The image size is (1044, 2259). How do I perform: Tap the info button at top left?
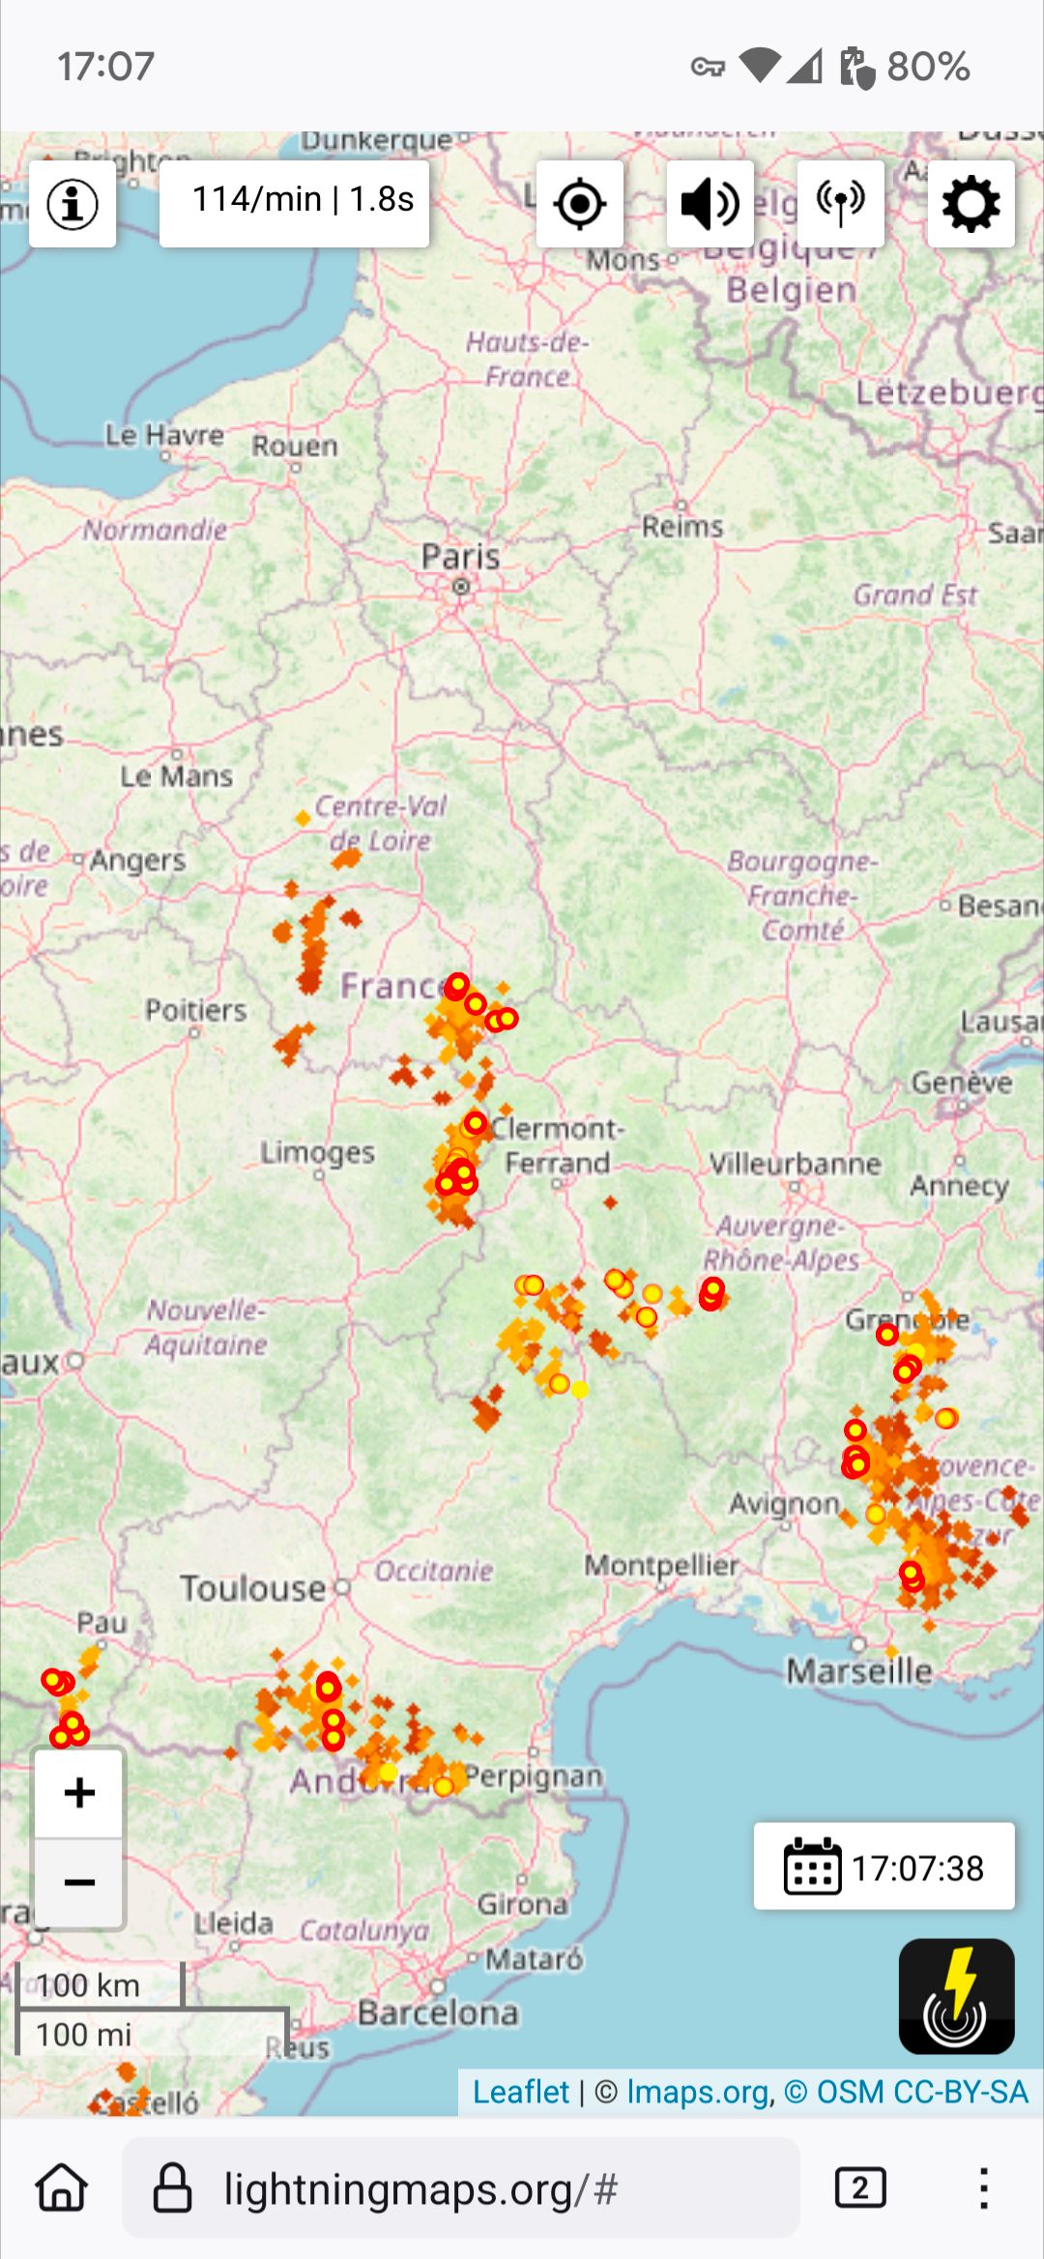click(72, 204)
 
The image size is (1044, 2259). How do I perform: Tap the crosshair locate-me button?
click(580, 204)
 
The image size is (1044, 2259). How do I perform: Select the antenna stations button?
click(840, 204)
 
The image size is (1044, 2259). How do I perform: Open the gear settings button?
click(971, 204)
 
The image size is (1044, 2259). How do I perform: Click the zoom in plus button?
click(79, 1793)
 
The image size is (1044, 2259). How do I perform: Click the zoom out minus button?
click(79, 1882)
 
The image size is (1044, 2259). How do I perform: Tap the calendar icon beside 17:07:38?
click(812, 1867)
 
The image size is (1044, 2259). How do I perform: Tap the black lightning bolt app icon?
click(956, 1996)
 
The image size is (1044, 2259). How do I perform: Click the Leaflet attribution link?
click(520, 2092)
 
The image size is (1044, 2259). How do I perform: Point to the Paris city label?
click(461, 557)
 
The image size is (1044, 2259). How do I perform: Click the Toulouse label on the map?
click(253, 1588)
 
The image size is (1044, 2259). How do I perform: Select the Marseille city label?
click(858, 1670)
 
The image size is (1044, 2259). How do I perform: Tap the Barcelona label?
click(438, 2013)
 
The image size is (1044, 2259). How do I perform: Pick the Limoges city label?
click(317, 1152)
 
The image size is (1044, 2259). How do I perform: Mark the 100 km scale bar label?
click(89, 1985)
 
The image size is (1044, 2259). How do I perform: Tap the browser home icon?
click(62, 2188)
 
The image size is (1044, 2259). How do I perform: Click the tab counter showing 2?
click(859, 2188)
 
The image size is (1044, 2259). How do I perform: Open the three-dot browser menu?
click(983, 2188)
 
